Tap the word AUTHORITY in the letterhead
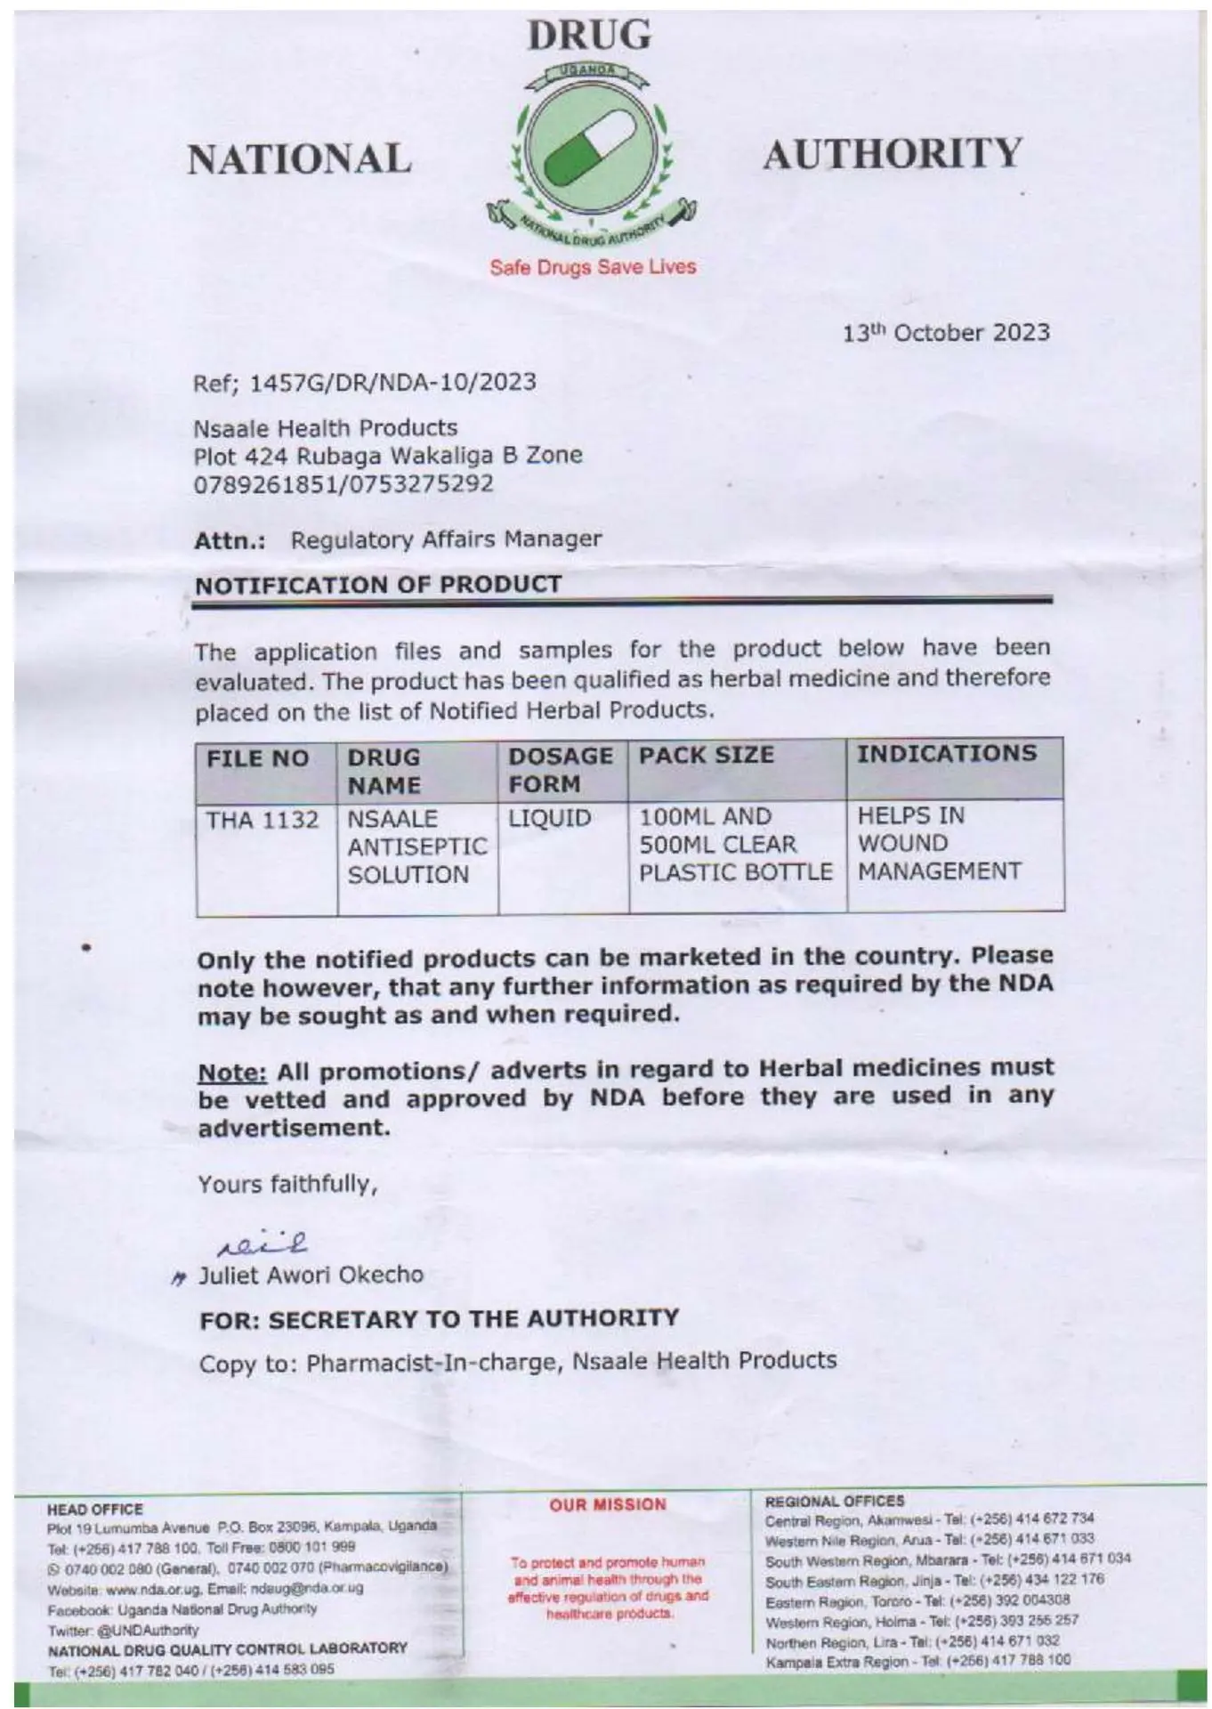point(892,154)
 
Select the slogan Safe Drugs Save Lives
point(593,267)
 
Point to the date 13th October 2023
point(946,333)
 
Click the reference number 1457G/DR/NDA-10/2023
point(392,383)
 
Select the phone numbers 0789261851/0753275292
point(343,484)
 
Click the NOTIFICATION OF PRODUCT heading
point(378,585)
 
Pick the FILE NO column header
point(258,758)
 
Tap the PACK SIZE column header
point(707,756)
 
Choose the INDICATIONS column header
point(947,754)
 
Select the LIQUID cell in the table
point(549,818)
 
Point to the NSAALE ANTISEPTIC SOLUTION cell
point(416,846)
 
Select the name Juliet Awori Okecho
point(311,1276)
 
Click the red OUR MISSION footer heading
point(608,1504)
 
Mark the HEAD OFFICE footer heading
point(94,1509)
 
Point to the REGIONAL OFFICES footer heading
point(834,1501)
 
